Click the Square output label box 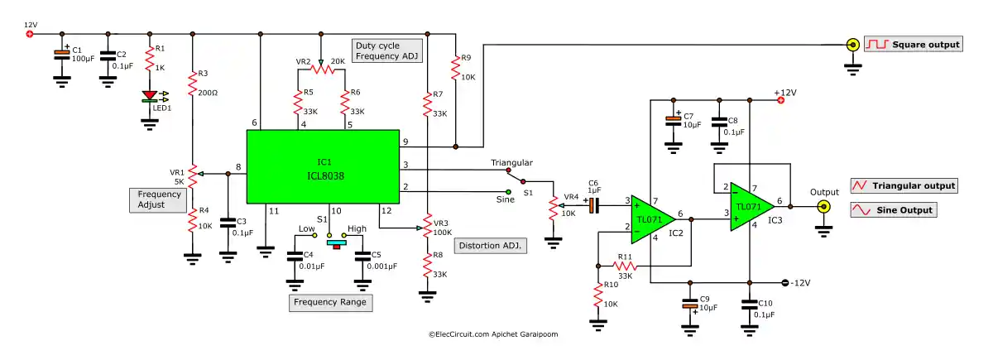click(914, 45)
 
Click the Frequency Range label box click(331, 303)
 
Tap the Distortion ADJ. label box click(491, 246)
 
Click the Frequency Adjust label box click(156, 199)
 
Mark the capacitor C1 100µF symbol click(61, 55)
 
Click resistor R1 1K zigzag click(150, 61)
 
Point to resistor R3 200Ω click(193, 86)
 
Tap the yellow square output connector click(851, 45)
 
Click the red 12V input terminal click(30, 34)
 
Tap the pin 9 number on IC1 click(405, 142)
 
